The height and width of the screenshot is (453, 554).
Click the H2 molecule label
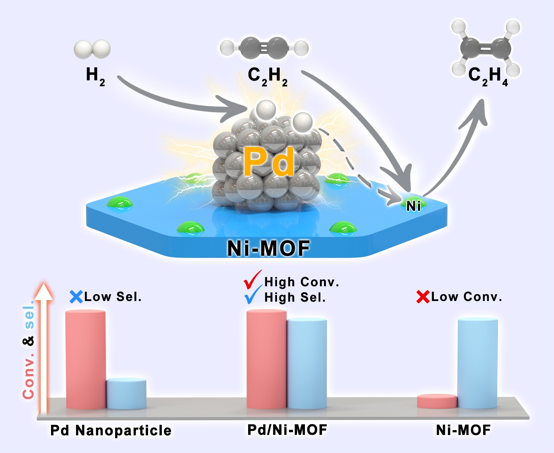[x=95, y=76]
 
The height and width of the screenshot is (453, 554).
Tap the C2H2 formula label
[x=268, y=76]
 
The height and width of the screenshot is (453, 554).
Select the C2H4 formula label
[x=488, y=76]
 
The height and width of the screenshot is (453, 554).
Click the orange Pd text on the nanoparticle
[x=269, y=162]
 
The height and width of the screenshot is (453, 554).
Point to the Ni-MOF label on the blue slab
[x=268, y=248]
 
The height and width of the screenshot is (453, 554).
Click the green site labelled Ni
[x=414, y=204]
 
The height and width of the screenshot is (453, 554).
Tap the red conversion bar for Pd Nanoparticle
[x=86, y=359]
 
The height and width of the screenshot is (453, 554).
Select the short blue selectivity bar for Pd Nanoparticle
[x=126, y=394]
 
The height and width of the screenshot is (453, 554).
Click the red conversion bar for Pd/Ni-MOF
[x=267, y=359]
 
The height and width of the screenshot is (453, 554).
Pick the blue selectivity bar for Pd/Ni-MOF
[x=307, y=363]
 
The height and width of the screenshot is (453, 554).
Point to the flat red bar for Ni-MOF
[x=437, y=401]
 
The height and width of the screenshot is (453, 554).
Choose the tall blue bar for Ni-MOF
[x=478, y=363]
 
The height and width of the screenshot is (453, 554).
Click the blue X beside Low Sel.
[x=76, y=297]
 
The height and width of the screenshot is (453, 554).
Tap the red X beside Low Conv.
[x=423, y=297]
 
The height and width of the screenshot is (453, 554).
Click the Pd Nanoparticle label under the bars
[x=111, y=431]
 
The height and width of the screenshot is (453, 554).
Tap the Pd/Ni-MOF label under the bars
[x=287, y=430]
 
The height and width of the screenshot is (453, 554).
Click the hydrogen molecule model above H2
[x=92, y=49]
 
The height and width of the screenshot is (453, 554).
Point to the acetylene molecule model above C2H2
[x=264, y=48]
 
